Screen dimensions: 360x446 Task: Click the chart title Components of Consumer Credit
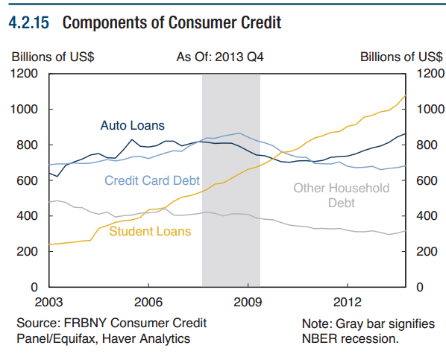pyautogui.click(x=172, y=23)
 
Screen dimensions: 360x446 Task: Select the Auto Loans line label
pyautogui.click(x=132, y=125)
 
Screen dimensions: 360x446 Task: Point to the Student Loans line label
pyautogui.click(x=150, y=231)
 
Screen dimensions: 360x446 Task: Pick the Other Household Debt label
pyautogui.click(x=341, y=195)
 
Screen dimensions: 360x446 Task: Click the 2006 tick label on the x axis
pyautogui.click(x=148, y=302)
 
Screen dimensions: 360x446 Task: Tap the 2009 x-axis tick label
pyautogui.click(x=248, y=302)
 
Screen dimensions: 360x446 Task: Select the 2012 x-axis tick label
pyautogui.click(x=347, y=302)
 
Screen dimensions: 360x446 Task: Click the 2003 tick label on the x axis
pyautogui.click(x=49, y=302)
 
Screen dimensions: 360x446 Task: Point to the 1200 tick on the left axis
pyautogui.click(x=25, y=74)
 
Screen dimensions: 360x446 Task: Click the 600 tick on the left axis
pyautogui.click(x=28, y=180)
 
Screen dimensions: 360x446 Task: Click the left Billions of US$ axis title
pyautogui.click(x=52, y=57)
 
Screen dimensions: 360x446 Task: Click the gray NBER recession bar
pyautogui.click(x=231, y=224)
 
